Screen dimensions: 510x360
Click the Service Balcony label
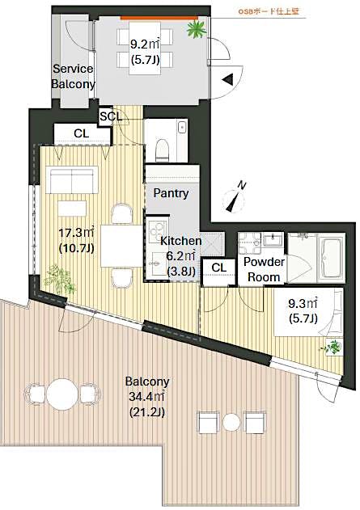[x=74, y=76]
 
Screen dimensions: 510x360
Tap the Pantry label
[x=171, y=193]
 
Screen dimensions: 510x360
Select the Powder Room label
[x=263, y=269]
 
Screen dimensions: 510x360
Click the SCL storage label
[x=111, y=116]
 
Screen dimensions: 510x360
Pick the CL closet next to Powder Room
[x=218, y=268]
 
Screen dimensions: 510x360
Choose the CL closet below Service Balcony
[x=81, y=133]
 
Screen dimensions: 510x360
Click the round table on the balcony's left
[x=61, y=394]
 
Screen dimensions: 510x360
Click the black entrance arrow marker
[x=229, y=79]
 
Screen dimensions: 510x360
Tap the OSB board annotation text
[x=269, y=11]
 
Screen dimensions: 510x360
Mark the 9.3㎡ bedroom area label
[x=303, y=312]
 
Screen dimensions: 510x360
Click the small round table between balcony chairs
[x=232, y=422]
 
